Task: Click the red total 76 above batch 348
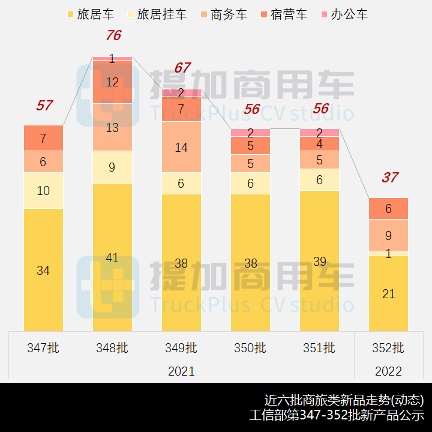pyautogui.click(x=113, y=36)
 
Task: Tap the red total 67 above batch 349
pyautogui.click(x=182, y=68)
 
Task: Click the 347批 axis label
pyautogui.click(x=43, y=347)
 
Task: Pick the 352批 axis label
pyautogui.click(x=388, y=347)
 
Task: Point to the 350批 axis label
pyautogui.click(x=250, y=347)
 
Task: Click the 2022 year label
pyautogui.click(x=388, y=371)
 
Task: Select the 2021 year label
pyautogui.click(x=181, y=371)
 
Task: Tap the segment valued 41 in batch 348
pyautogui.click(x=112, y=257)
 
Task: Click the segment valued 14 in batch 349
pyautogui.click(x=181, y=147)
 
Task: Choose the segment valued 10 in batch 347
pyautogui.click(x=43, y=191)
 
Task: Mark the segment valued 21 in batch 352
pyautogui.click(x=388, y=293)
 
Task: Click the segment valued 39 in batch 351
pyautogui.click(x=319, y=261)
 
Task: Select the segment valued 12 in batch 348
pyautogui.click(x=112, y=82)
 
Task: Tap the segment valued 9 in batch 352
pyautogui.click(x=388, y=235)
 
